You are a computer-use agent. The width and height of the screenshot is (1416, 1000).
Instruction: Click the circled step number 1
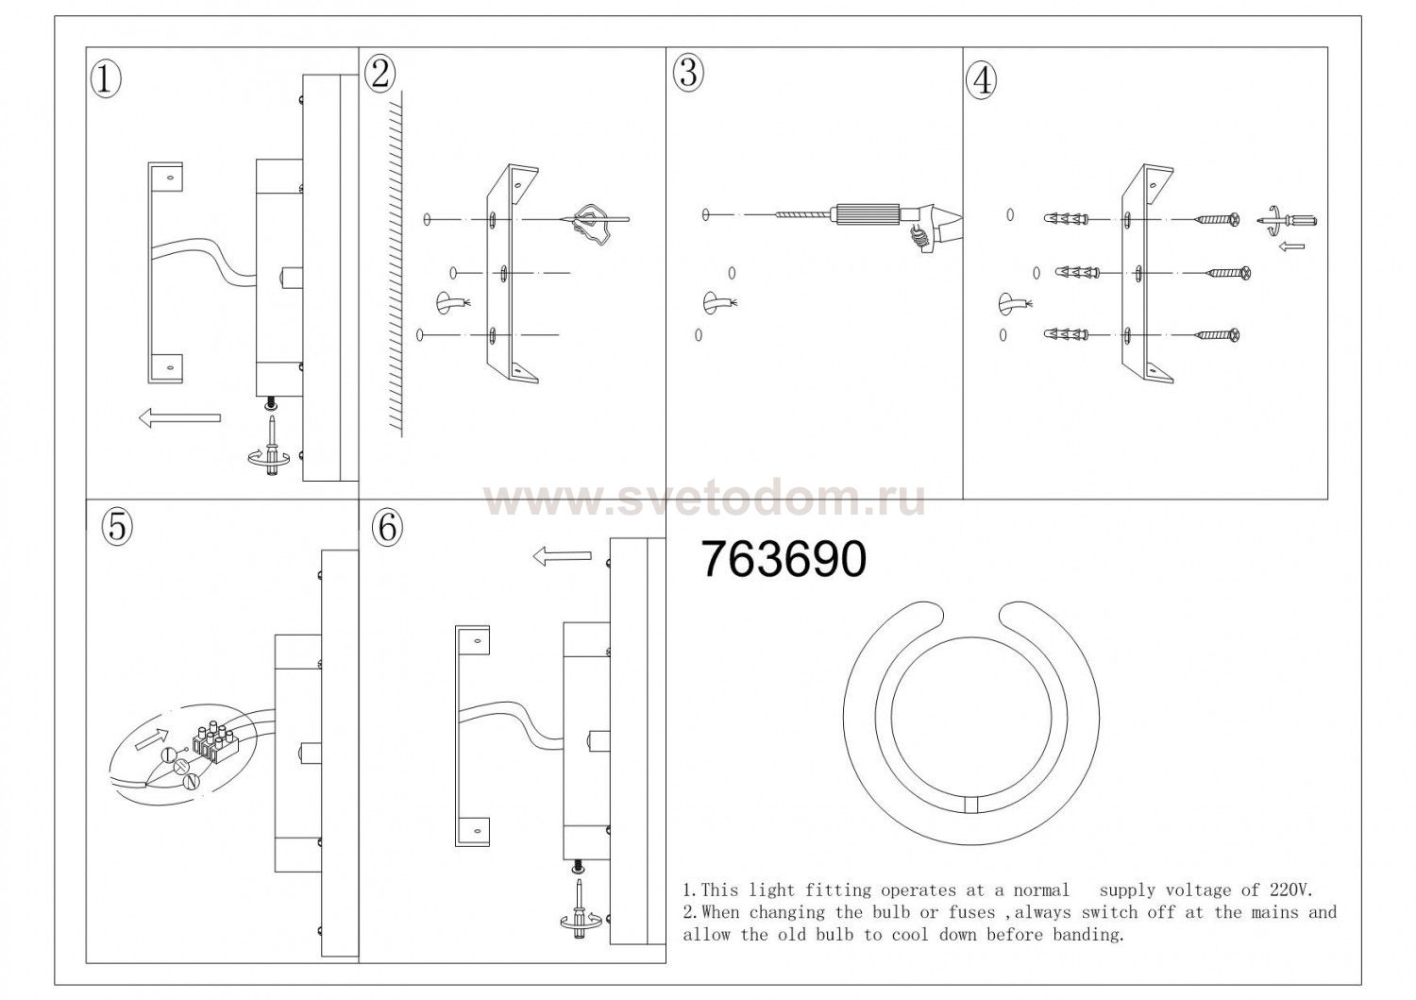106,80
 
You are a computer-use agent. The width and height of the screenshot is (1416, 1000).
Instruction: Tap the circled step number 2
380,76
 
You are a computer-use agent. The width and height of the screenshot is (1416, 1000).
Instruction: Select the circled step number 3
688,73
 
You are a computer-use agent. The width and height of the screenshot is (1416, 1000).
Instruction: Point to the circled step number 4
982,81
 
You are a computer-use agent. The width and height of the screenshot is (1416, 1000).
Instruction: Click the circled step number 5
117,526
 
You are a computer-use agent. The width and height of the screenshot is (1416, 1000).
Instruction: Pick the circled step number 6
387,526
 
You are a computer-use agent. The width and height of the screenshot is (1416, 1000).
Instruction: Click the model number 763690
784,560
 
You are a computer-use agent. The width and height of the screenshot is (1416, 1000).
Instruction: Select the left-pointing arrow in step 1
179,417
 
